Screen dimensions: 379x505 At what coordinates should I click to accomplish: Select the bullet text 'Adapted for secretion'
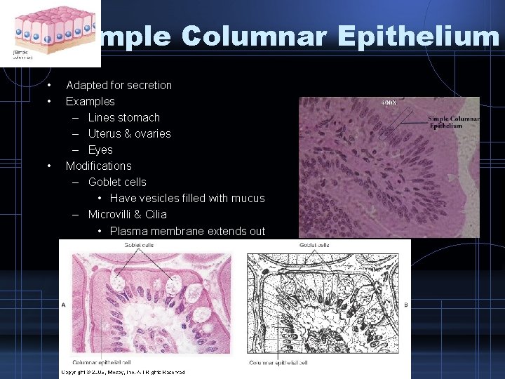pyautogui.click(x=119, y=86)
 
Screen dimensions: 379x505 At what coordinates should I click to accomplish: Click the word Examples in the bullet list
pyautogui.click(x=90, y=102)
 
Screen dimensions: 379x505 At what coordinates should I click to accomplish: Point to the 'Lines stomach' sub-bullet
pyautogui.click(x=124, y=118)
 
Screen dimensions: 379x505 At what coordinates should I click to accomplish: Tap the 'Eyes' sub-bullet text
pyautogui.click(x=100, y=150)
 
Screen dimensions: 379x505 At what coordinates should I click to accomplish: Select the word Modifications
pyautogui.click(x=98, y=166)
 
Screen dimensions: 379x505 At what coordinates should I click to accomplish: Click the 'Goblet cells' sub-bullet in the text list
pyautogui.click(x=117, y=182)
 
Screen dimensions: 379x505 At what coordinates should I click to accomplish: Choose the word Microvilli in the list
pyautogui.click(x=112, y=215)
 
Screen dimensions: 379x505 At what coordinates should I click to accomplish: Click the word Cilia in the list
pyautogui.click(x=154, y=215)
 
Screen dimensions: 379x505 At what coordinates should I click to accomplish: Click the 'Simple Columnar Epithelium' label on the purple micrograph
pyautogui.click(x=453, y=122)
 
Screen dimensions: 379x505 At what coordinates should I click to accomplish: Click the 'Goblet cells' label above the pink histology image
pyautogui.click(x=140, y=245)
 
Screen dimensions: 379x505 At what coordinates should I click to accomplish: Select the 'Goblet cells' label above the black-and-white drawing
pyautogui.click(x=314, y=245)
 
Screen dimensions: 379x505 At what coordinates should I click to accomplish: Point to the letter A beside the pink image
pyautogui.click(x=64, y=305)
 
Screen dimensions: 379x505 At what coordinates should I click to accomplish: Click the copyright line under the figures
pyautogui.click(x=123, y=372)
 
